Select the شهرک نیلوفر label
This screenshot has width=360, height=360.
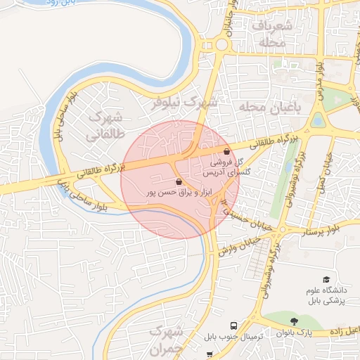tap(185, 103)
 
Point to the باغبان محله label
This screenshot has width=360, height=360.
tap(269, 106)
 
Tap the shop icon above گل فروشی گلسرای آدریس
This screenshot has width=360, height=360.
tap(226, 151)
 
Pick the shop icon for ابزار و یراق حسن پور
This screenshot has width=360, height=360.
tap(178, 181)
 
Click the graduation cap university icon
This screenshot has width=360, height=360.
tap(326, 280)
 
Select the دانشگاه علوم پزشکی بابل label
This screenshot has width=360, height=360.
tap(326, 296)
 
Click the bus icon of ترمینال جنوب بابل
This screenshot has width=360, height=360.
tap(233, 326)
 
